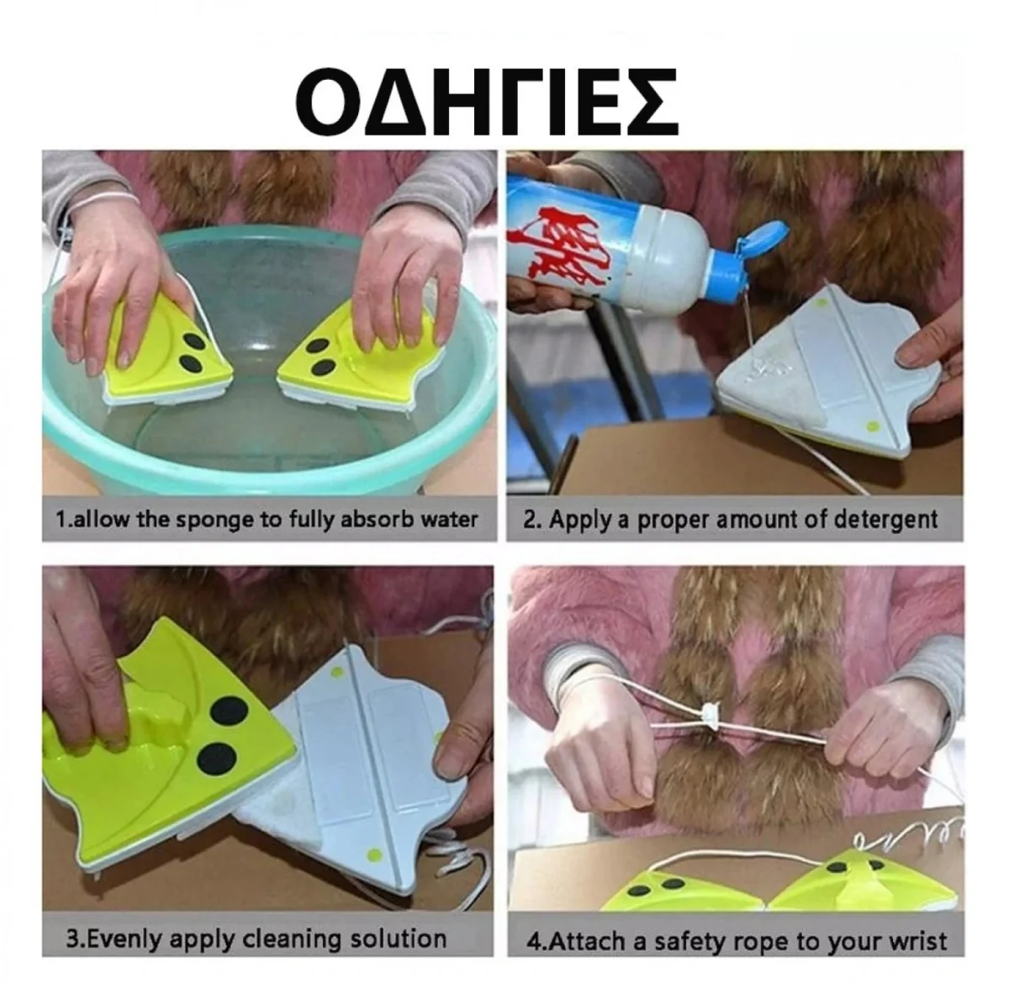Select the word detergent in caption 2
[x=885, y=519]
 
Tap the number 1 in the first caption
[x=60, y=519]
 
